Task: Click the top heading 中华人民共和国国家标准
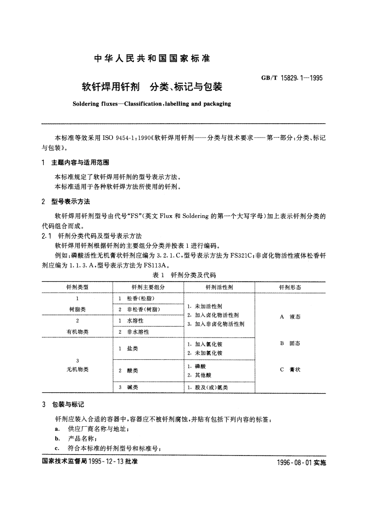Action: click(x=152, y=59)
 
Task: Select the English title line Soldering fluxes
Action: click(x=152, y=104)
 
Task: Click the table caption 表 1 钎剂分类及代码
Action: click(x=184, y=275)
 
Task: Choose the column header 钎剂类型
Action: click(x=77, y=287)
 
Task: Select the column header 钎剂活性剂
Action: click(x=219, y=287)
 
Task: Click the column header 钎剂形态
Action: click(x=290, y=287)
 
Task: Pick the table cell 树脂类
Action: click(x=77, y=309)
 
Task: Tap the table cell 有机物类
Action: click(x=77, y=331)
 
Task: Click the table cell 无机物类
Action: click(x=77, y=370)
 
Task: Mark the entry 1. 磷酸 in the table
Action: click(x=198, y=366)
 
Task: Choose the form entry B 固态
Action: click(x=290, y=343)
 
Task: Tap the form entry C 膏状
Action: click(x=290, y=370)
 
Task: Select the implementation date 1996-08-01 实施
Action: click(x=302, y=463)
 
